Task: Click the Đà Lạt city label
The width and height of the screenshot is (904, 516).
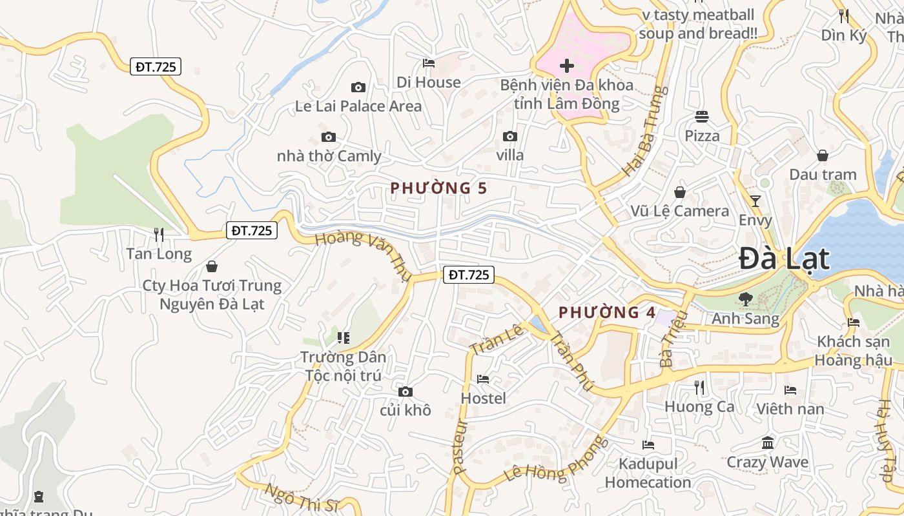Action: tap(784, 259)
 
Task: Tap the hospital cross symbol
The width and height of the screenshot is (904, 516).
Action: tap(567, 66)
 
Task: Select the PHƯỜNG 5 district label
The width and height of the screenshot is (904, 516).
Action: tap(438, 188)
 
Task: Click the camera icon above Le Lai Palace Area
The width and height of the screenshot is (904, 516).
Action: tap(358, 87)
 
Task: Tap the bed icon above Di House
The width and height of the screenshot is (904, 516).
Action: tap(428, 63)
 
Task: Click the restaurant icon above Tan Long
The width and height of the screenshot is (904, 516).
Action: tap(159, 234)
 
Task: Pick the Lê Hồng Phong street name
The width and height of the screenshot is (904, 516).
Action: tap(557, 460)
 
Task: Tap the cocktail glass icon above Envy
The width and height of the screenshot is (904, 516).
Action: tap(755, 201)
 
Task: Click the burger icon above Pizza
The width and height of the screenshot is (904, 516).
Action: tap(702, 117)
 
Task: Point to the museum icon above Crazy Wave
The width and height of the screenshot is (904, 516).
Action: tap(768, 443)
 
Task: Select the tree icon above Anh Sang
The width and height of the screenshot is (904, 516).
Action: tap(745, 299)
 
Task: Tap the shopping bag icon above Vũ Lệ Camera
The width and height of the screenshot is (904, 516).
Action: tap(680, 192)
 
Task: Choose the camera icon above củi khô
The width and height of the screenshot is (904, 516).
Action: tap(405, 392)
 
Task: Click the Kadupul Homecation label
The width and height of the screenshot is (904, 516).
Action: tap(648, 473)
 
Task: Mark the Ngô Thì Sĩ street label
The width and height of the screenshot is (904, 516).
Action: tap(302, 497)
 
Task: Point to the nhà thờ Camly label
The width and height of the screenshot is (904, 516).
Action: tap(329, 156)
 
